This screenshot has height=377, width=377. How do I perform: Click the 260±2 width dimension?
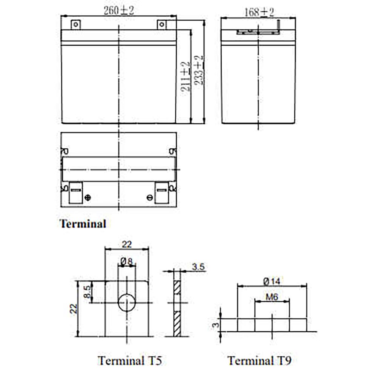click(119, 11)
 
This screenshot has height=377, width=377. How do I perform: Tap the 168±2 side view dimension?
click(259, 12)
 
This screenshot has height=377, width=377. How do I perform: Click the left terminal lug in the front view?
click(76, 25)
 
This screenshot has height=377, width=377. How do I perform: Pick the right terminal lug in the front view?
click(162, 25)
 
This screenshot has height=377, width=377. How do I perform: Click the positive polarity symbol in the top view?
click(88, 198)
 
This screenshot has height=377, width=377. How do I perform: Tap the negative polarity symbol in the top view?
click(150, 198)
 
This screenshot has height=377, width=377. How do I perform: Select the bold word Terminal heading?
click(83, 224)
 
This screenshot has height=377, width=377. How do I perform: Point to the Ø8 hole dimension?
click(127, 261)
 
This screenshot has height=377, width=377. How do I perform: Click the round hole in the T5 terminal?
click(127, 303)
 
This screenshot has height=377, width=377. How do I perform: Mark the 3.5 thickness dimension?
click(198, 267)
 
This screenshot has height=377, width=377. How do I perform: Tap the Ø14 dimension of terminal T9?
click(272, 281)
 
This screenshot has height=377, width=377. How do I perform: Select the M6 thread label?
click(272, 297)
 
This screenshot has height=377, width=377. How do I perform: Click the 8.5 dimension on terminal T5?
click(86, 292)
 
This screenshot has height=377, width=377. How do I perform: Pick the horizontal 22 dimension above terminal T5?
click(127, 244)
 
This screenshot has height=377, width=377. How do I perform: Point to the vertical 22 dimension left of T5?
click(74, 309)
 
